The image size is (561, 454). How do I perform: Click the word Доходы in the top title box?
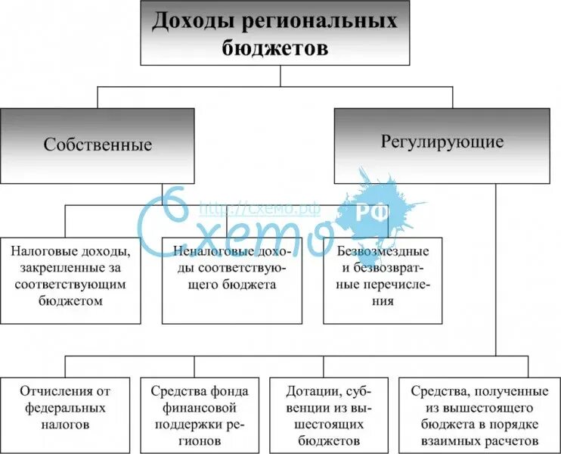tap(187, 21)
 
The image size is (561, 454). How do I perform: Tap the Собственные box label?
tap(98, 145)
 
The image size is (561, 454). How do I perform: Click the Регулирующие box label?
tap(442, 141)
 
